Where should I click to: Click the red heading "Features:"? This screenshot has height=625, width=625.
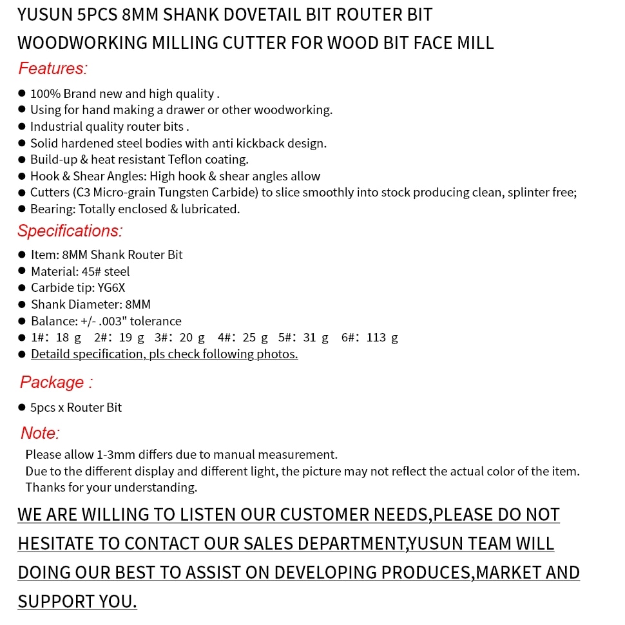pos(52,68)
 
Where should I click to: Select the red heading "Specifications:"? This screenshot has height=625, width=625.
pos(70,231)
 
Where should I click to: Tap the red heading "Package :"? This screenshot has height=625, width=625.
pos(56,382)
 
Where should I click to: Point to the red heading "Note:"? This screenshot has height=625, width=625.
pos(40,433)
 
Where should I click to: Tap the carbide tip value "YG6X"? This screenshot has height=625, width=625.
pos(111,287)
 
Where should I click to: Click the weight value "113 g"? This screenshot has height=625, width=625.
pos(382,337)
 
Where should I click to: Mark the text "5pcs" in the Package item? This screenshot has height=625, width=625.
pos(43,407)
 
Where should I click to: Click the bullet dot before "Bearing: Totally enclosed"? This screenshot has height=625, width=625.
pos(22,209)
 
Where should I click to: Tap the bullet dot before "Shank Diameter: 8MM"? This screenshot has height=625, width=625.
pos(22,304)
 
